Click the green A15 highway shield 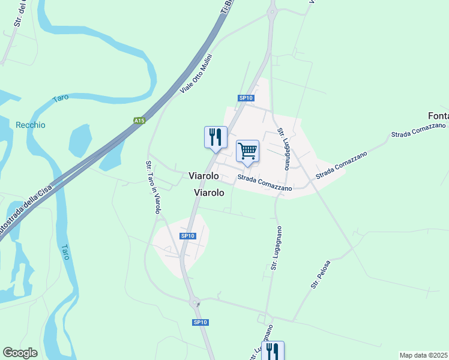click(139, 121)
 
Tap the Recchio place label click(31, 125)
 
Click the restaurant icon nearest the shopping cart click(215, 137)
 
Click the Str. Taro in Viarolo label click(152, 187)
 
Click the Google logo click(20, 353)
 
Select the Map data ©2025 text click(424, 355)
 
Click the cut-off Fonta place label click(438, 116)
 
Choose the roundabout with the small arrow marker click(196, 304)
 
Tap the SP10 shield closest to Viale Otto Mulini click(246, 98)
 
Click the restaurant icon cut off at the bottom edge click(273, 350)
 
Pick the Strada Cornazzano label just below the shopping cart click(265, 183)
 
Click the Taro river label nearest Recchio click(61, 99)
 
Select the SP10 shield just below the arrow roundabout click(200, 323)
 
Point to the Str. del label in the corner click(19, 13)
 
